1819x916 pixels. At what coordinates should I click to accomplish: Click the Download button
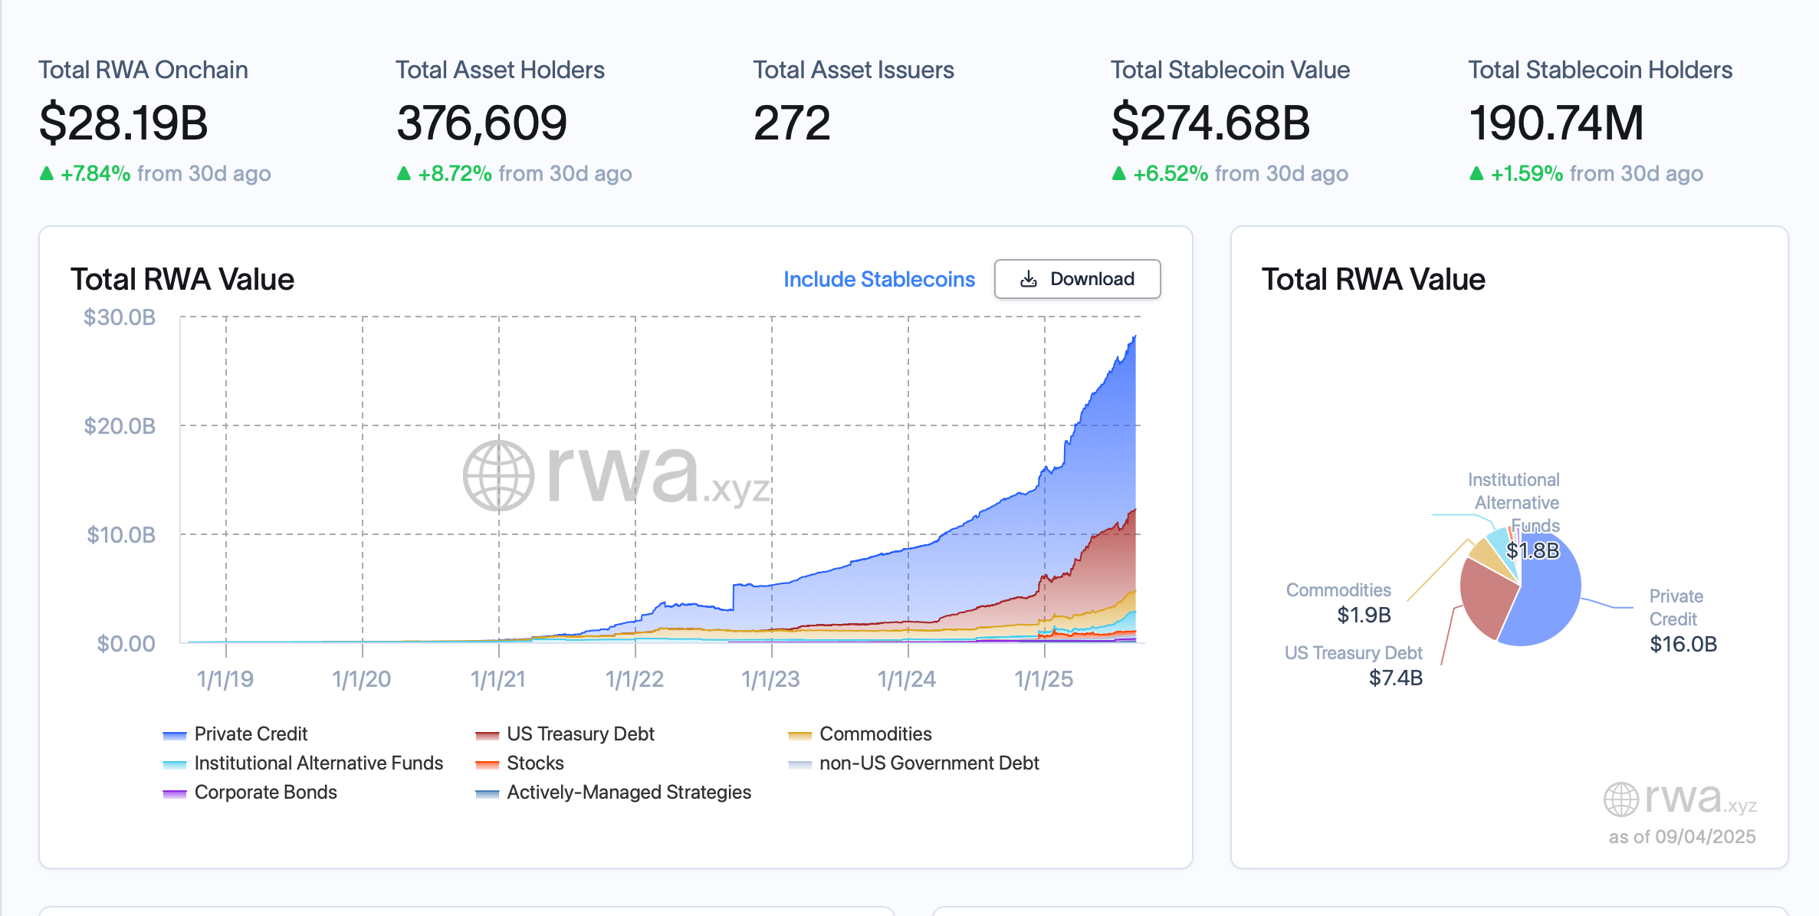1077,279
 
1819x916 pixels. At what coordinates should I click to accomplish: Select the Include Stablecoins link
878,279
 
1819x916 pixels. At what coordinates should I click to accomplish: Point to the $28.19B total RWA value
123,123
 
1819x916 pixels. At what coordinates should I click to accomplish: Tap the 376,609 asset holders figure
481,123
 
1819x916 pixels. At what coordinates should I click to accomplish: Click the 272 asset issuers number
792,123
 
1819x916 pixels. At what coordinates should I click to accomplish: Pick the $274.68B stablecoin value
1210,123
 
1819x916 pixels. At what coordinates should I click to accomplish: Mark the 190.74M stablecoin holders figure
1556,123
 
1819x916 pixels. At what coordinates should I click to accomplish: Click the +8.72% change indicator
455,174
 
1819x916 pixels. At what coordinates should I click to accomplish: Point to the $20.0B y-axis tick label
120,425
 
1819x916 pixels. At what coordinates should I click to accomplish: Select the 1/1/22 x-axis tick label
635,679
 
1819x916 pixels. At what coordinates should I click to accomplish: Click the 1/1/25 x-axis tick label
1043,679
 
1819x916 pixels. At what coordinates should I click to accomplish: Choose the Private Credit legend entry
250,734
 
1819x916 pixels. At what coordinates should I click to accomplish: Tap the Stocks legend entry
534,763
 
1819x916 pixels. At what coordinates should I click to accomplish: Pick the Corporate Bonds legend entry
265,793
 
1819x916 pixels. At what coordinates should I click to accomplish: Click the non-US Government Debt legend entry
928,763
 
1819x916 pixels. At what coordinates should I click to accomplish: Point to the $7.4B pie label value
1395,678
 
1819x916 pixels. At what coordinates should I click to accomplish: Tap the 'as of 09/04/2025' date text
1682,836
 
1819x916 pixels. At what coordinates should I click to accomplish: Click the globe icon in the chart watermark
498,475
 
